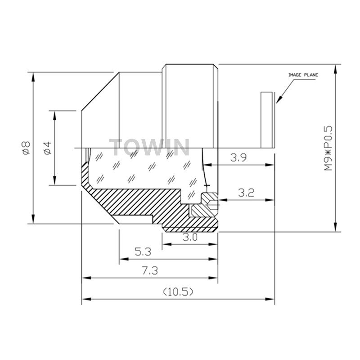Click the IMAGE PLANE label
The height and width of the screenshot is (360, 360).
coord(303,75)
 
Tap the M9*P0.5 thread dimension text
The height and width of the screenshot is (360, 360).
coord(328,148)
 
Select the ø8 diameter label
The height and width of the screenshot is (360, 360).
coord(27,148)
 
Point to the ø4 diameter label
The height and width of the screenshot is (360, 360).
coord(48,148)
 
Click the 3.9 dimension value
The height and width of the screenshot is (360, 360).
coord(238,158)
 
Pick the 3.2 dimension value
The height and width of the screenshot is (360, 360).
coord(246,193)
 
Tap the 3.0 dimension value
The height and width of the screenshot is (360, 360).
coord(190,238)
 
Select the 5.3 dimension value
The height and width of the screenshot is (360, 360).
coord(143,252)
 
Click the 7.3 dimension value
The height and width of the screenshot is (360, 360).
coord(150,271)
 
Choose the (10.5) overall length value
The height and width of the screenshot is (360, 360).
coord(178,292)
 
